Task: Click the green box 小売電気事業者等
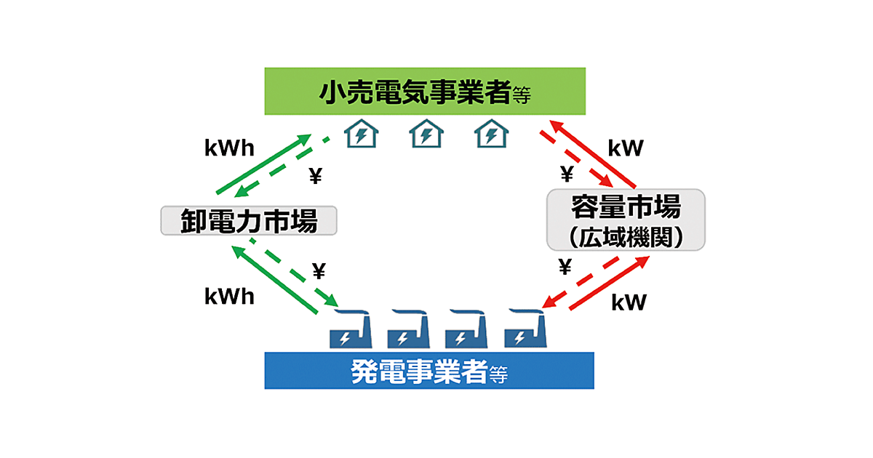coord(425,91)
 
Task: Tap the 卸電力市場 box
coord(249,220)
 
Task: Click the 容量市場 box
coord(626,209)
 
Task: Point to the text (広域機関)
coord(626,237)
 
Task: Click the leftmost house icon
coord(362,133)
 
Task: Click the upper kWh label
coord(229,149)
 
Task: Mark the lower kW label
coord(629,302)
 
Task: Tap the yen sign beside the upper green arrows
coord(315,176)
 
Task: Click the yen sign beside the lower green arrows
coord(319,271)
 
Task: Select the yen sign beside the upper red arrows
coord(566,174)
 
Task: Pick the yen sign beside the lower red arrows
coord(565,268)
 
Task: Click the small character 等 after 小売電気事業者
coord(522,95)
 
